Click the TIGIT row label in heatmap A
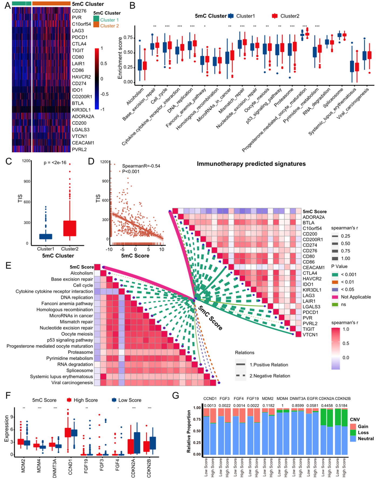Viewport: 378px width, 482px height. [78, 50]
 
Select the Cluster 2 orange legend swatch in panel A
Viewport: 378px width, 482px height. [96, 25]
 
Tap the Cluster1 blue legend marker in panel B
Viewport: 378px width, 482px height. [231, 16]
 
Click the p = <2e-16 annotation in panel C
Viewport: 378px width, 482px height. [55, 162]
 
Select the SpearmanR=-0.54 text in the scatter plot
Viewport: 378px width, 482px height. [141, 166]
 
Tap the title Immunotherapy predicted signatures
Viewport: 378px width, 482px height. [251, 164]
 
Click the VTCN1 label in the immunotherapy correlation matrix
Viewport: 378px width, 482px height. [310, 335]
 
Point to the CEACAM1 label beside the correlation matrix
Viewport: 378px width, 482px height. [314, 267]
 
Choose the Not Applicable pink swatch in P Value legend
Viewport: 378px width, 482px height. [335, 297]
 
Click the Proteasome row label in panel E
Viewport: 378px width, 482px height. [80, 352]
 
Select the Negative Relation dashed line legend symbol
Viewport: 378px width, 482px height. [241, 375]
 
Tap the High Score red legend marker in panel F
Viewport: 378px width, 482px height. [69, 400]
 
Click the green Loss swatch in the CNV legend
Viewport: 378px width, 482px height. [353, 432]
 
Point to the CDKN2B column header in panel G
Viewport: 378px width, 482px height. [343, 398]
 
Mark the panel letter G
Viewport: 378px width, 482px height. [175, 396]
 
